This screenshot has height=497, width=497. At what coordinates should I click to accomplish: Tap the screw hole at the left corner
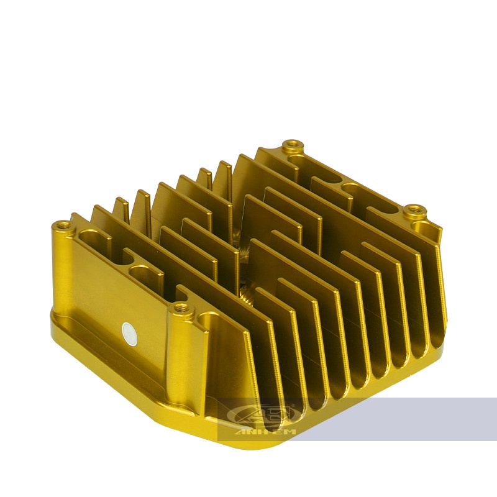click(62, 224)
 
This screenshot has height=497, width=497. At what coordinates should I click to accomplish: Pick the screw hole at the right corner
click(412, 210)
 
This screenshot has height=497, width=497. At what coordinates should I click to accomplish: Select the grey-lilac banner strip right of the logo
click(398, 419)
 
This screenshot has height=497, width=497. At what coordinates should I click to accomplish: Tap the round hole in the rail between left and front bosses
click(140, 271)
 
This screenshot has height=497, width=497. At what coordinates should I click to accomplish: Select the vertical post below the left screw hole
click(62, 267)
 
